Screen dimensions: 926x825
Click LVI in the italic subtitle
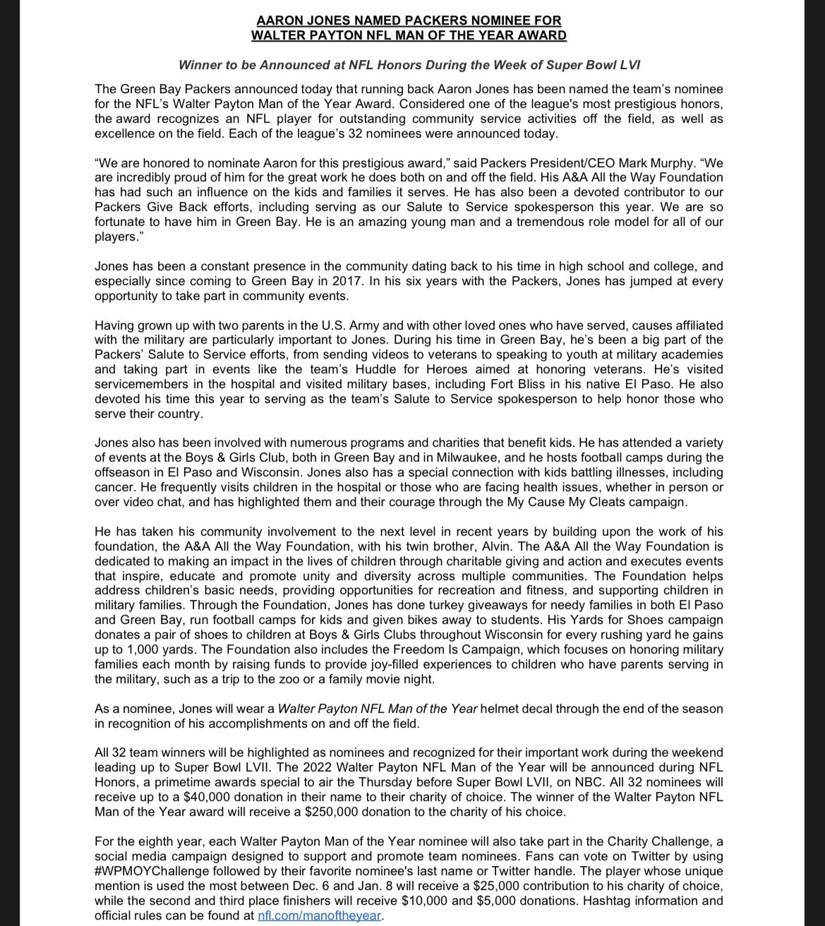click(x=627, y=65)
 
